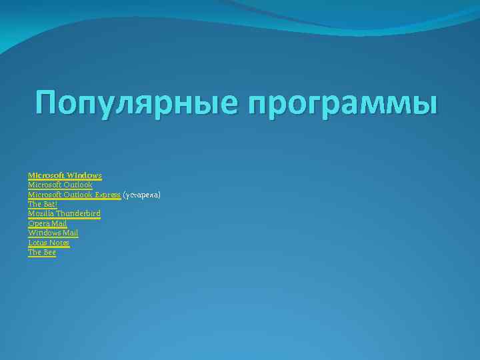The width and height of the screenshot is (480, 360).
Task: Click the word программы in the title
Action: point(344,105)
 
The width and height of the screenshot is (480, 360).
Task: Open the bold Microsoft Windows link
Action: point(65,175)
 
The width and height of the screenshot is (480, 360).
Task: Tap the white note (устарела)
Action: point(141,195)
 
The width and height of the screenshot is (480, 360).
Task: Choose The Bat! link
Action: point(43,204)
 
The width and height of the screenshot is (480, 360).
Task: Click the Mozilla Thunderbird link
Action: point(64,213)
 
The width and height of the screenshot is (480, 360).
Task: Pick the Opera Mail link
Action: point(47,223)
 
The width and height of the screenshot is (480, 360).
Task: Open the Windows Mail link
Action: point(53,233)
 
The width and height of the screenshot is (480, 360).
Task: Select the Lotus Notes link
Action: point(49,243)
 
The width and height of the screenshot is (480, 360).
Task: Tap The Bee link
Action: point(42,252)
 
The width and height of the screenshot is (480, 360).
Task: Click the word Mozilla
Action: point(39,213)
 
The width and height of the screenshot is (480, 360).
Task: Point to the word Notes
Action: point(59,243)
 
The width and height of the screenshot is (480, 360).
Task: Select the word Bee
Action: point(49,252)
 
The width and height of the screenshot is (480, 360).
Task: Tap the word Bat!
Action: point(50,204)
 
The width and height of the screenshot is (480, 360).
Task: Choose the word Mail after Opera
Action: point(59,223)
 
